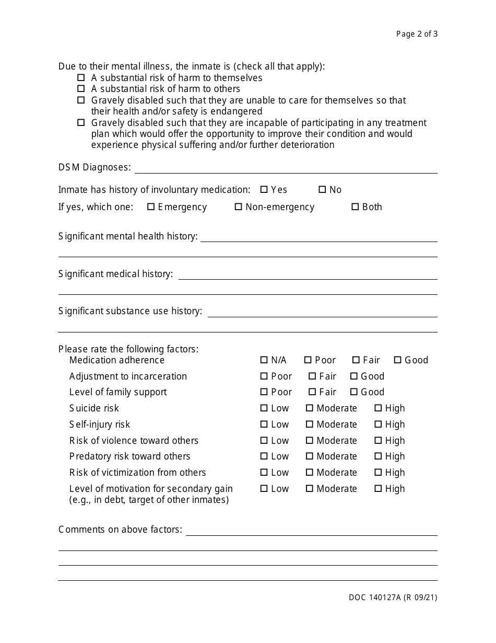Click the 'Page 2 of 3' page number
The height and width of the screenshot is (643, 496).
417,34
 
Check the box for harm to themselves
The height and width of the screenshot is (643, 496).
81,77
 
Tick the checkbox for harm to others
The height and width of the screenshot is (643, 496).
81,89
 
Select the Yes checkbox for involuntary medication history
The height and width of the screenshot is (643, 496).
264,190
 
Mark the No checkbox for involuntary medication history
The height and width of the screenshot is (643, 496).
322,190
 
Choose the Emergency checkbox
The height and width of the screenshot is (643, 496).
151,207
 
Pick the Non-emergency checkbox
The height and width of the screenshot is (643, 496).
239,207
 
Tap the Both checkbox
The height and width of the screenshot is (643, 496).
355,207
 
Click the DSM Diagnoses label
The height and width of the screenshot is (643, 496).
95,167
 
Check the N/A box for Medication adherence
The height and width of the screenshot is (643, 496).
264,360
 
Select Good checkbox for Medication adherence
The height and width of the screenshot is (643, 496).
397,360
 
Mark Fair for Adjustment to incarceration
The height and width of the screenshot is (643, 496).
312,376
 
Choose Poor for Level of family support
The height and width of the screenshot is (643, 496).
264,392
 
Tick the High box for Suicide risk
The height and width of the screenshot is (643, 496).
378,408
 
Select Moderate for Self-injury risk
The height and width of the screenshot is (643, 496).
310,424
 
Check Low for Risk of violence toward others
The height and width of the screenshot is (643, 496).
264,441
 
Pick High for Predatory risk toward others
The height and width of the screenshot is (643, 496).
378,456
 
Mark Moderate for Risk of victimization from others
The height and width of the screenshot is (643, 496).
310,473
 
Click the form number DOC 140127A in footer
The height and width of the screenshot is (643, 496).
393,598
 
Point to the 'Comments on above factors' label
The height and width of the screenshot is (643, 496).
120,530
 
